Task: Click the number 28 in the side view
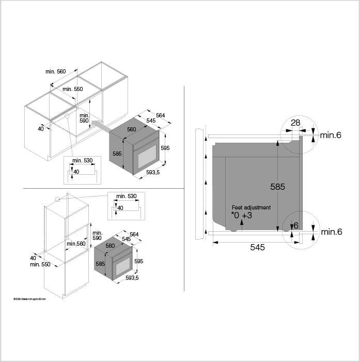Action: click(295, 123)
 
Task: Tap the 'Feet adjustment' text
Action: click(251, 207)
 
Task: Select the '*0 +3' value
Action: click(241, 215)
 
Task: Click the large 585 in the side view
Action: click(277, 187)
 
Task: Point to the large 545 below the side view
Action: click(257, 247)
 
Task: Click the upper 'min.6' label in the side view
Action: click(331, 135)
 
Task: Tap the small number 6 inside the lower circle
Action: click(295, 225)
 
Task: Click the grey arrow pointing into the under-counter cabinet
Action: click(101, 125)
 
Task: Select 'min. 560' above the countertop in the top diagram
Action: click(56, 71)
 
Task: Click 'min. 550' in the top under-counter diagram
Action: click(73, 89)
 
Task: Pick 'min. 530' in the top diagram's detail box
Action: click(83, 160)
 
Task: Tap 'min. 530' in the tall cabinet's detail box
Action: click(127, 196)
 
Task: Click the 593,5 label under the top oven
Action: click(153, 172)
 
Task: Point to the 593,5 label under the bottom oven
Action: click(132, 278)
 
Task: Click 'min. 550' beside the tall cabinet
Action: click(41, 264)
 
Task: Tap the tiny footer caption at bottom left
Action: click(30, 299)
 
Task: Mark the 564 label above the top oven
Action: click(160, 115)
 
